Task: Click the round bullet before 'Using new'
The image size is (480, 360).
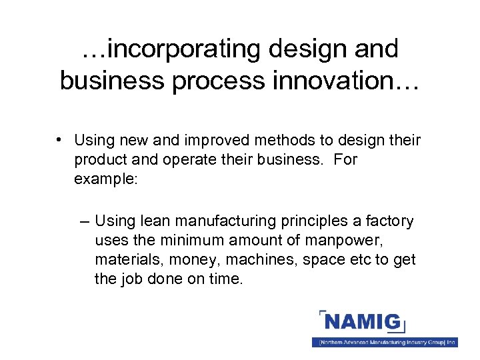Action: [60, 140]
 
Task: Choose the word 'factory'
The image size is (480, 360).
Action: [390, 221]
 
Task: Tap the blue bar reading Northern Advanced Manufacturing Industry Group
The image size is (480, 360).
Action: [385, 342]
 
